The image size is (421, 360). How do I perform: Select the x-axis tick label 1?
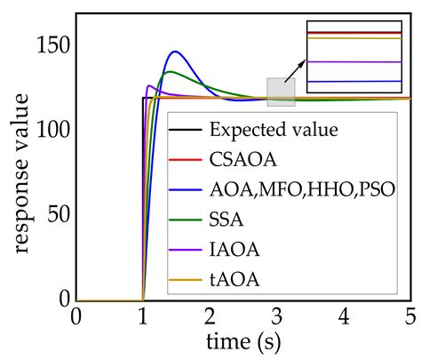(143, 317)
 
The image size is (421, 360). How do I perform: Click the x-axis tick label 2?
(210, 317)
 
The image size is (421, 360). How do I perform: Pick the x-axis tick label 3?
(277, 317)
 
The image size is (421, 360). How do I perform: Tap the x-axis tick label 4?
(344, 317)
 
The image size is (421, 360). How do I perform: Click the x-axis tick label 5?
(410, 317)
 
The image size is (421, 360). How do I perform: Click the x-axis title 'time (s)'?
(242, 340)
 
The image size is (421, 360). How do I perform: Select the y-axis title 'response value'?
(20, 178)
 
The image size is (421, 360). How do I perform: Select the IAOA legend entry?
(232, 252)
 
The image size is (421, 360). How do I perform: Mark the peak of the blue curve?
(174, 52)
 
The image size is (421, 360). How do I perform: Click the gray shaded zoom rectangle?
(281, 92)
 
